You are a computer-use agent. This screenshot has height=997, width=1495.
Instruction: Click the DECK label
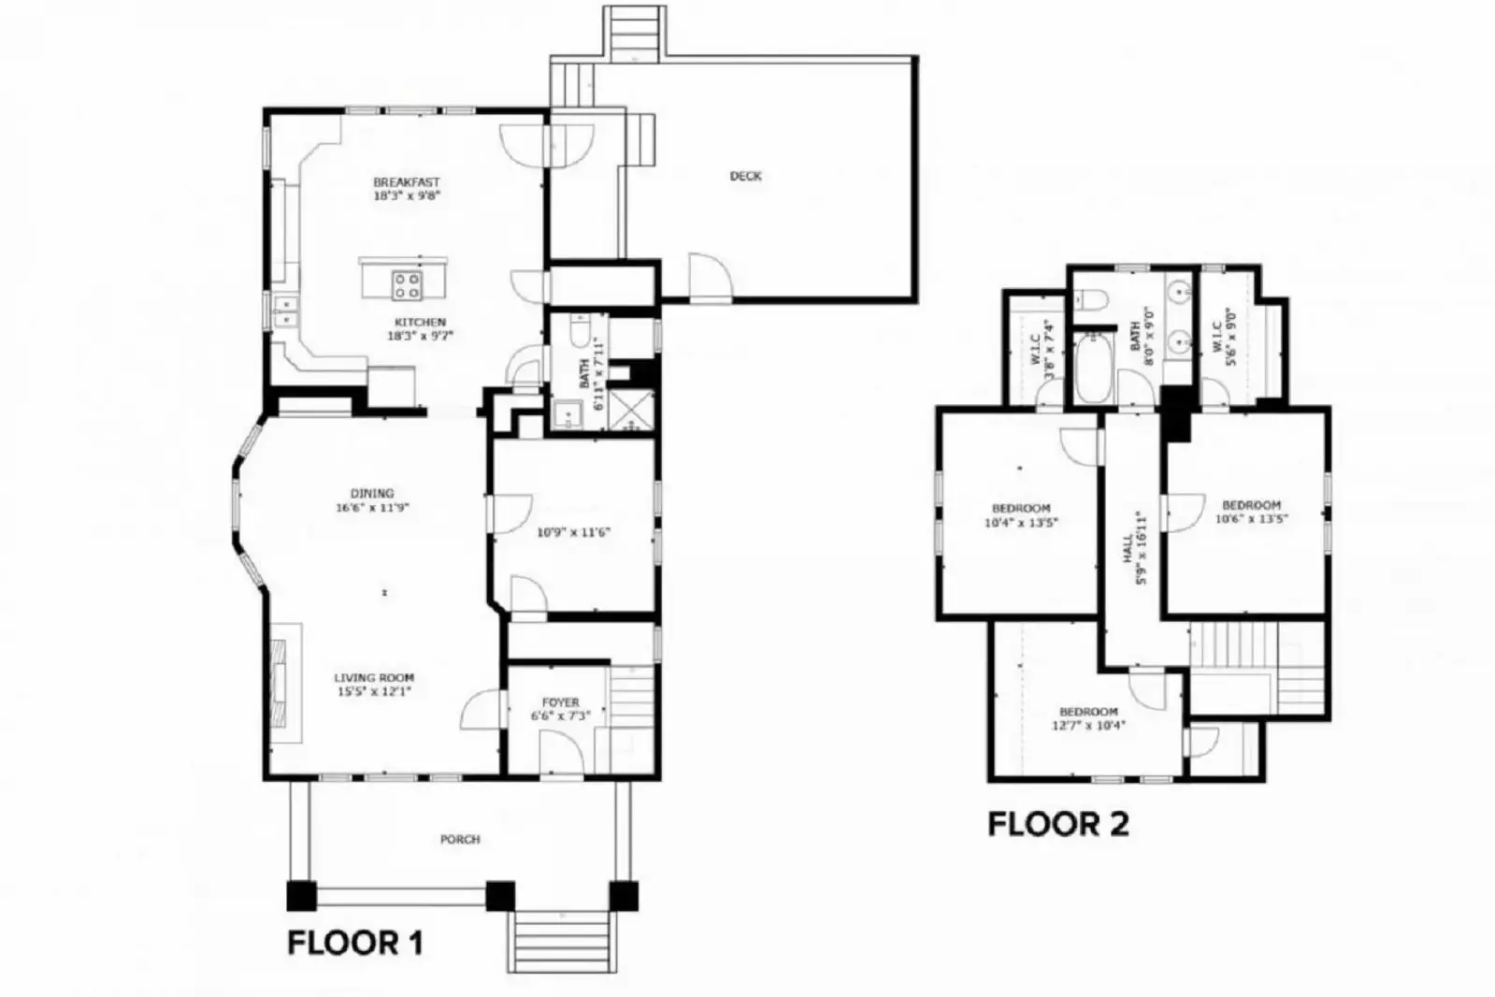745,176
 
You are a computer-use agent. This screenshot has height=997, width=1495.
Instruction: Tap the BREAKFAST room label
406,182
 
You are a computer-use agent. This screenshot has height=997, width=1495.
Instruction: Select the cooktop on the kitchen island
406,285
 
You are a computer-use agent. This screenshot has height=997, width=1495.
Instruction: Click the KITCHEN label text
420,322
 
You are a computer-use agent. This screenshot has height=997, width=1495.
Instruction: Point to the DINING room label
372,494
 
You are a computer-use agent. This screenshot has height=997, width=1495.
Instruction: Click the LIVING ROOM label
374,678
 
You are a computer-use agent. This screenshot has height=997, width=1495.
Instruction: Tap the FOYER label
560,702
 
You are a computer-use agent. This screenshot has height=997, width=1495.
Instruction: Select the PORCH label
460,840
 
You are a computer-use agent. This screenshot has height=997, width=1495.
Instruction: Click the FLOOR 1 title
355,943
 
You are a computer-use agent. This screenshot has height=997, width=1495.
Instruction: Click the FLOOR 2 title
1058,824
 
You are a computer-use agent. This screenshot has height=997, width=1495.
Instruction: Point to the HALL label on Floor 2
1128,548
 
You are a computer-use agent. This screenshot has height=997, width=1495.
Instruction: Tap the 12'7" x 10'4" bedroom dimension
1088,725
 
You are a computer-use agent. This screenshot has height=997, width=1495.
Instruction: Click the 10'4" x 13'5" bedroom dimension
1021,523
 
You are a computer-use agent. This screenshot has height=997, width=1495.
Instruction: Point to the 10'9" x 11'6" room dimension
573,532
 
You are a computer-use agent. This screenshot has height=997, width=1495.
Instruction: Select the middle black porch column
500,895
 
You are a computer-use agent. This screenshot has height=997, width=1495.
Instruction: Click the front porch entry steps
563,940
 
